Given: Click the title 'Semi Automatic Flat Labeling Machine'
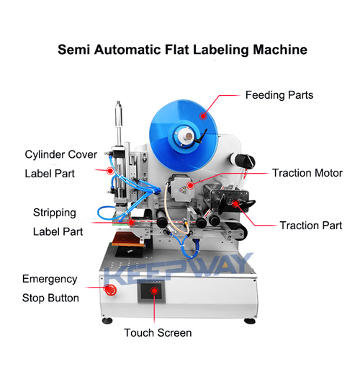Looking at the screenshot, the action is tap(182, 50).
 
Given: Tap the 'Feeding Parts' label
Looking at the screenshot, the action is tap(279, 95).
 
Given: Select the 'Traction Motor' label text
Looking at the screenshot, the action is tap(307, 173).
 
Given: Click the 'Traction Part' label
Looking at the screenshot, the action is tap(311, 226).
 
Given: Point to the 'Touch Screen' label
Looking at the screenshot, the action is tap(158, 333).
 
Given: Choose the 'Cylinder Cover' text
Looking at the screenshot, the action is tap(61, 154).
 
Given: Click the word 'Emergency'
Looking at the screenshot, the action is tap(50, 279).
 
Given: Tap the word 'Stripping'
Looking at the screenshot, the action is tap(55, 213).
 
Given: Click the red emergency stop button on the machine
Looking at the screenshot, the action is tap(110, 290).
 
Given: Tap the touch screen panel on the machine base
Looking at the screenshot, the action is tap(151, 291).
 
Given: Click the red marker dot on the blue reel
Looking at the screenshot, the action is tap(203, 116).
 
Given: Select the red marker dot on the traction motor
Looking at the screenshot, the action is tap(190, 185).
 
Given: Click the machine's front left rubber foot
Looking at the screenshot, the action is tap(107, 321).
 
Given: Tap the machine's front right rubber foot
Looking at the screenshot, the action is tap(250, 321).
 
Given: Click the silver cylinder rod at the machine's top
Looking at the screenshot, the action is tap(119, 123).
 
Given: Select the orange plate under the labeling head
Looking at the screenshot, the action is tap(127, 239).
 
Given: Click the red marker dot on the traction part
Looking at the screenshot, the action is tap(236, 203).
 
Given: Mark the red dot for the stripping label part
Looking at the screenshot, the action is tap(132, 222).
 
